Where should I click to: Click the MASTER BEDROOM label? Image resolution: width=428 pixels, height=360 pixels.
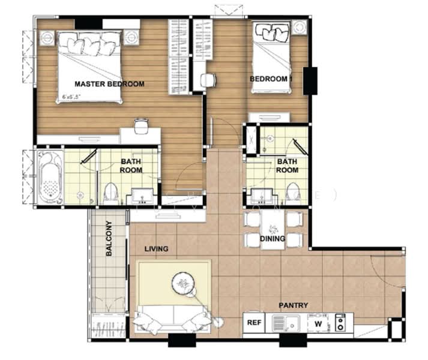109,84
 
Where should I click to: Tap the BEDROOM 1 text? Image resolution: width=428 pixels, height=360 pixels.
271,79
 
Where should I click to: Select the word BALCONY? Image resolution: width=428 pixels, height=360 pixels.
109,239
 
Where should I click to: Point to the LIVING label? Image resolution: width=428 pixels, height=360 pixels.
156,248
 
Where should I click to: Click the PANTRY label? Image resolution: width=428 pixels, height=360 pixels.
293,305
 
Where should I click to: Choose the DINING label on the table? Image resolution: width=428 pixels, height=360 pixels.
273,238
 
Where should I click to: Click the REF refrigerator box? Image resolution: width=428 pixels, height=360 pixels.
255,323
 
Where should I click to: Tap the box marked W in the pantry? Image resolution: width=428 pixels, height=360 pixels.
319,323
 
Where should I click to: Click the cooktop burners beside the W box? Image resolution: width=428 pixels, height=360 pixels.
340,323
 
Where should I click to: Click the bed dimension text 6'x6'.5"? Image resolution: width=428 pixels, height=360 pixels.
71,97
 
